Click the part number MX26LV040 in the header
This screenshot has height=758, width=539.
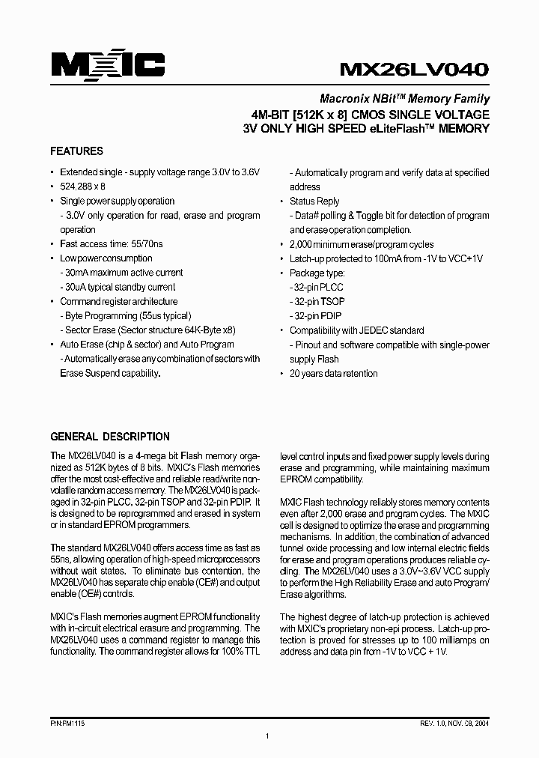(415, 69)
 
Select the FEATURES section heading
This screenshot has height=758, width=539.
(76, 151)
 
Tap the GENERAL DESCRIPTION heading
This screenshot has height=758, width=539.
(109, 437)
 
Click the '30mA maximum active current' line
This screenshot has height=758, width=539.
(121, 273)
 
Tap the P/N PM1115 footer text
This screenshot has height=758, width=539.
(69, 724)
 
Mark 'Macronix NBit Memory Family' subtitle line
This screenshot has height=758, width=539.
(404, 98)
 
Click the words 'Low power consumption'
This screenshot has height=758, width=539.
(106, 258)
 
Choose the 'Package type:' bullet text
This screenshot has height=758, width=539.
(317, 273)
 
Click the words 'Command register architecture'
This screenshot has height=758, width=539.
(119, 301)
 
